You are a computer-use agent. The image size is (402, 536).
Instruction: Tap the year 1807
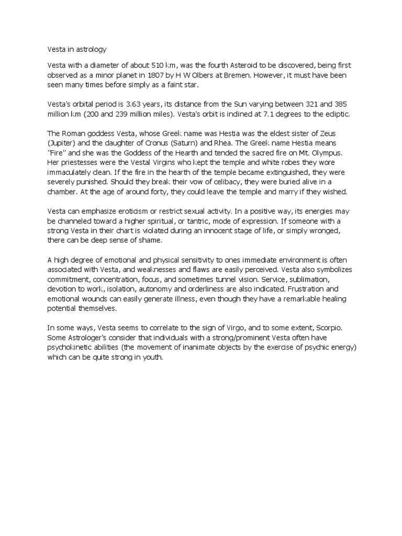176,75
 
